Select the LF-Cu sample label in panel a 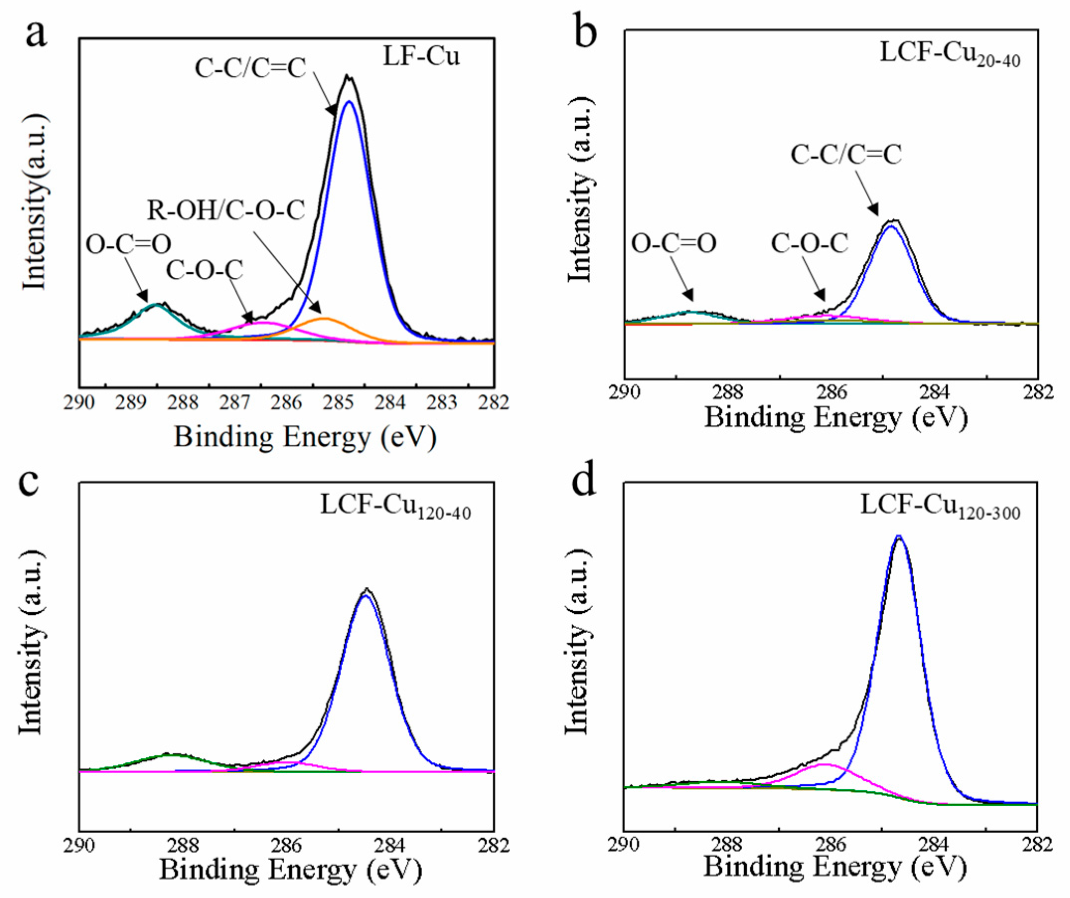(x=421, y=57)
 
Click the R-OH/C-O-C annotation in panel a (x=226, y=211)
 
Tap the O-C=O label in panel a (x=128, y=245)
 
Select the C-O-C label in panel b (x=809, y=244)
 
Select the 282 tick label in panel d (x=1037, y=844)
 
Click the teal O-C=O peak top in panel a (x=157, y=304)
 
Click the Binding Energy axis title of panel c (x=291, y=870)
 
